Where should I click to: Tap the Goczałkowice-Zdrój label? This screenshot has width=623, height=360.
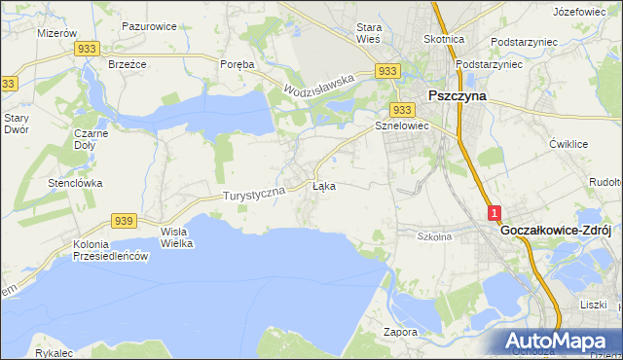(555, 232)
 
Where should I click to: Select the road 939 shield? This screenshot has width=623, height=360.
(123, 221)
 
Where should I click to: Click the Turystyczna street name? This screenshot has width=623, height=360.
(254, 195)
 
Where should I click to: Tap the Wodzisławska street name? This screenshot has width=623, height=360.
(318, 86)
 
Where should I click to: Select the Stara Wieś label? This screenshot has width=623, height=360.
(369, 32)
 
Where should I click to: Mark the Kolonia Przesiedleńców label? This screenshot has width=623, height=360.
(109, 250)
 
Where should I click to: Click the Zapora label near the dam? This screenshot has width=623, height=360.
(400, 332)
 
